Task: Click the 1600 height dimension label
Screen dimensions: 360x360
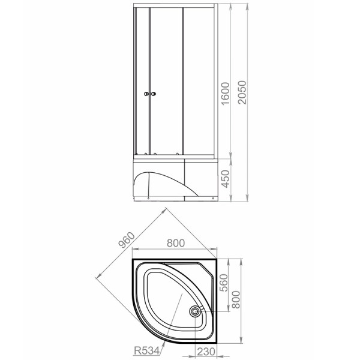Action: pos(225,93)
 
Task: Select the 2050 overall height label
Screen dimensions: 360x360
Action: pos(242,92)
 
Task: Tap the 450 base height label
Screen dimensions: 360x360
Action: pos(225,179)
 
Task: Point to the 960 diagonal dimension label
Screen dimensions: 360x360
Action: pos(126,240)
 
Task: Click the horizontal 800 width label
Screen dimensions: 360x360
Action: pos(176,243)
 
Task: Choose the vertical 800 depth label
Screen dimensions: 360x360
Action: pos(236,299)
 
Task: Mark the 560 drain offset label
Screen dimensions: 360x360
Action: pos(224,283)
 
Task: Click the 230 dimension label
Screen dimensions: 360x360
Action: pos(206,352)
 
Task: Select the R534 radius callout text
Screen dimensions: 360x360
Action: pos(147,350)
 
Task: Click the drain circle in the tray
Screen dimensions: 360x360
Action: pos(195,311)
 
